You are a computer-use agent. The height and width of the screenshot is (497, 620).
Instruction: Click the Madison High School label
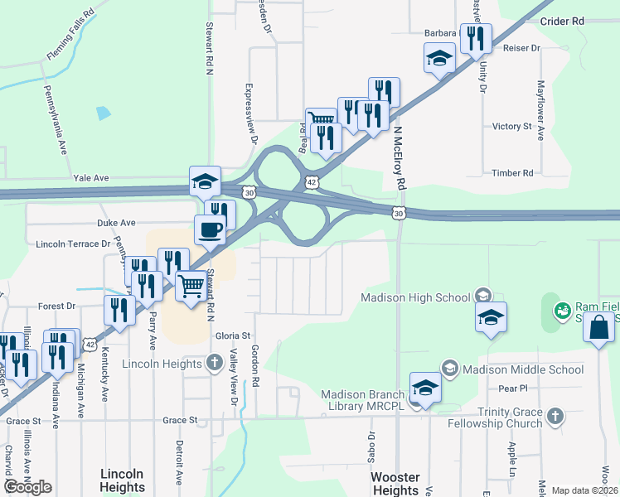tap(416, 297)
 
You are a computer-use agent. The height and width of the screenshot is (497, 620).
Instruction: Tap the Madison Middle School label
tap(523, 369)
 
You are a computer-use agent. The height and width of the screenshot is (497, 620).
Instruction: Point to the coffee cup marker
tap(210, 229)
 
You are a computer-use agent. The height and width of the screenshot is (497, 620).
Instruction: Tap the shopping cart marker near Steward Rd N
tap(191, 286)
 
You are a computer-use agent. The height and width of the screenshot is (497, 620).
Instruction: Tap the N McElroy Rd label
tap(400, 157)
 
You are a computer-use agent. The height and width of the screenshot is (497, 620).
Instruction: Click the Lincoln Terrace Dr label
tap(73, 244)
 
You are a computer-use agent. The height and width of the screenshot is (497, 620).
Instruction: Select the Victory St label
tap(511, 127)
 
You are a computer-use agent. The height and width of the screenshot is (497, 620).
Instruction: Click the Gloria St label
tap(233, 336)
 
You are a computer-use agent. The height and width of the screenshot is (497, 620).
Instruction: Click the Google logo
tap(27, 487)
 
